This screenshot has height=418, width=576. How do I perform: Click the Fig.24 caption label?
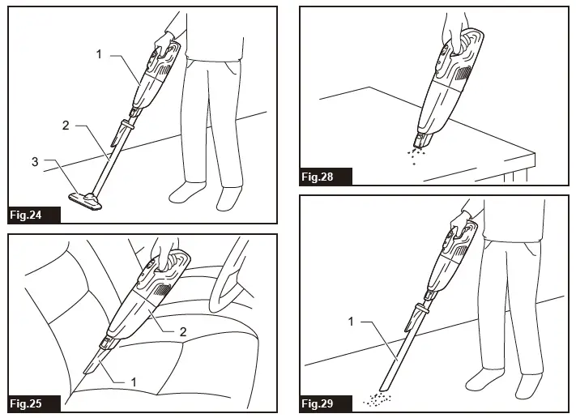[x=26, y=215]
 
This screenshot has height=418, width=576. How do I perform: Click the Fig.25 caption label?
[x=26, y=403]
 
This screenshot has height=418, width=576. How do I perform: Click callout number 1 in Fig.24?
[x=99, y=54]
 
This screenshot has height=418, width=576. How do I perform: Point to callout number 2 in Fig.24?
[x=66, y=126]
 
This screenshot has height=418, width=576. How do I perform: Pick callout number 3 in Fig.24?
[x=35, y=162]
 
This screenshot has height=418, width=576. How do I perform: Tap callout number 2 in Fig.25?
[x=183, y=331]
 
